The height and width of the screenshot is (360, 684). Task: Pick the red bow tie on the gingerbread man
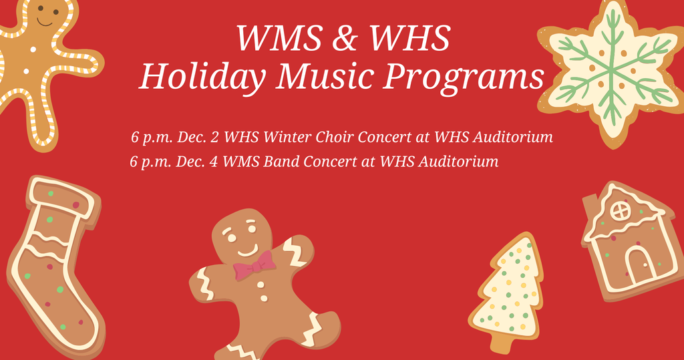point(254,267)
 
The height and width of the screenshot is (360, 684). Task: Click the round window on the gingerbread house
point(621,211)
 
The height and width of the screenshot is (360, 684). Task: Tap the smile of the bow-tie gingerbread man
point(246,252)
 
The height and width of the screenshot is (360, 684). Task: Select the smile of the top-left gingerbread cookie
point(45,23)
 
